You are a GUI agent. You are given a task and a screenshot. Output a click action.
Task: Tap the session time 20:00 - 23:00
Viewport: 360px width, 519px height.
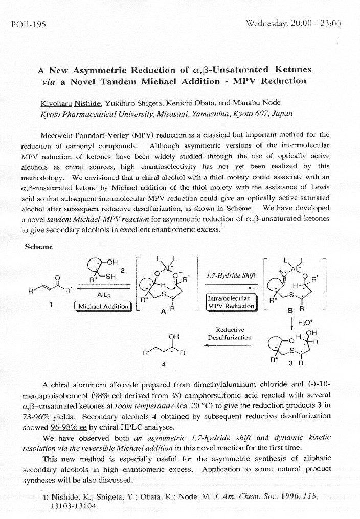(316, 24)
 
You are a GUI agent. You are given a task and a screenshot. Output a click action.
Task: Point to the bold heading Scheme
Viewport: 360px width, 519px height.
(38, 246)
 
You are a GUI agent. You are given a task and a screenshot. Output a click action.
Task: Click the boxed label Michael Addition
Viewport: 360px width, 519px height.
(103, 306)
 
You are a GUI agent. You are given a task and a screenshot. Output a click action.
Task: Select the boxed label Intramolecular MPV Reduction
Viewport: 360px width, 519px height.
(230, 302)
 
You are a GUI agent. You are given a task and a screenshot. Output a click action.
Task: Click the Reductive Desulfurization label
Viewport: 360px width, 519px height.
(230, 333)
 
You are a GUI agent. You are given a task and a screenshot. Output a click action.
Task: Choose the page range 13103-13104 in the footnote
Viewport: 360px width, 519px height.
(74, 505)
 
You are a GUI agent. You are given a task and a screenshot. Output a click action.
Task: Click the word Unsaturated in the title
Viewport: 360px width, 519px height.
(241, 69)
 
